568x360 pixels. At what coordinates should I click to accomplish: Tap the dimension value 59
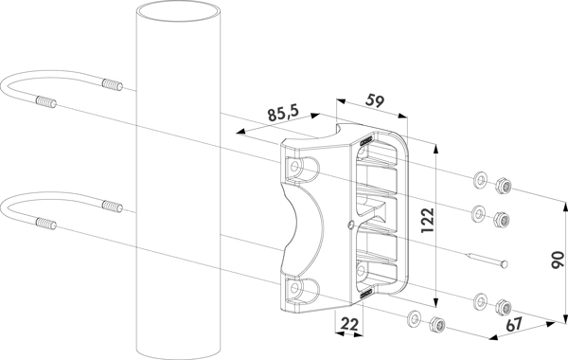click(374, 100)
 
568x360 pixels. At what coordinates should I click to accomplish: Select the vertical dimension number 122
click(427, 221)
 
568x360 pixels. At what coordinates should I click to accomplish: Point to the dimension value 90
click(558, 260)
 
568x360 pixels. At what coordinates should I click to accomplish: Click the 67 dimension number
click(515, 324)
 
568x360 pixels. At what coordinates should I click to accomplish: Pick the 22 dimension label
click(349, 324)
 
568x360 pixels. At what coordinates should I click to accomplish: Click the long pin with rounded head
click(487, 261)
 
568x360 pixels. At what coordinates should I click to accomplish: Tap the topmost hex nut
click(503, 186)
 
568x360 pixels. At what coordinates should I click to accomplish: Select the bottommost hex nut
click(437, 324)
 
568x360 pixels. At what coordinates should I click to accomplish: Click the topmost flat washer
click(481, 179)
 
